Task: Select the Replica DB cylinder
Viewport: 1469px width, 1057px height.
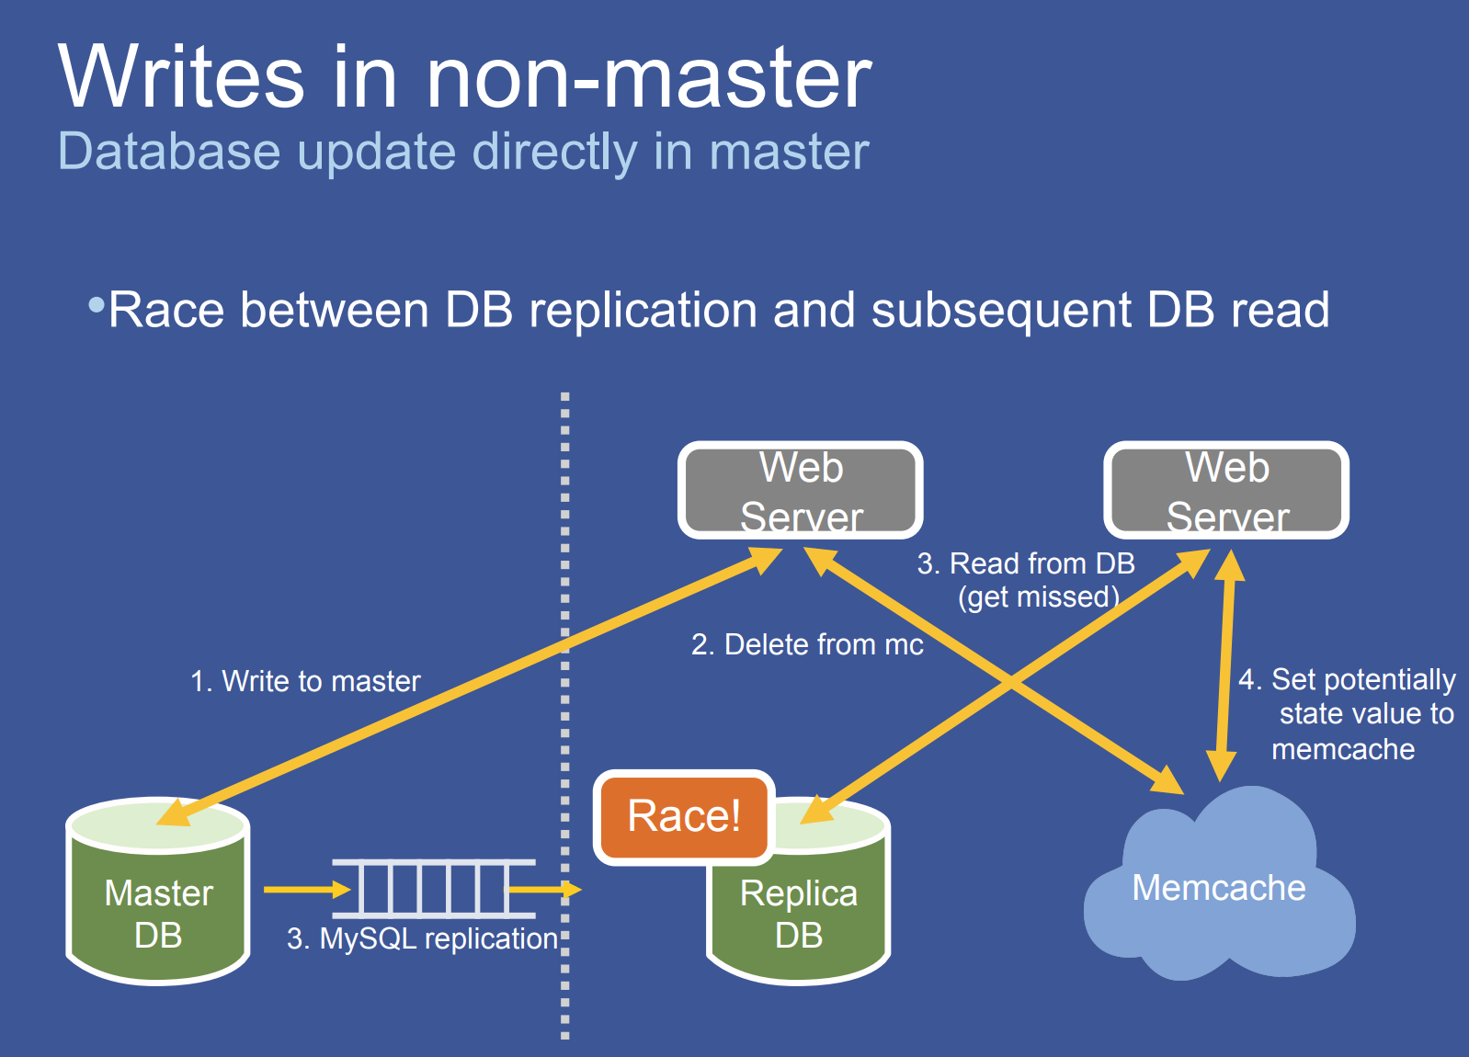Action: (x=798, y=910)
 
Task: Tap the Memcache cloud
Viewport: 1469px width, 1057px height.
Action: (x=1218, y=887)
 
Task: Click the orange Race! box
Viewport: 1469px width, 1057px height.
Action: (x=684, y=816)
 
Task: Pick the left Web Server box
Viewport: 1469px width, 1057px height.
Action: (x=801, y=491)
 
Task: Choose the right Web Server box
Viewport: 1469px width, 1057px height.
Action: (x=1226, y=491)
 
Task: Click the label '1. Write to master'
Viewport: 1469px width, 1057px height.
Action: (x=305, y=681)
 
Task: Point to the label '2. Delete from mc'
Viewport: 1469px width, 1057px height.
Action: (x=807, y=644)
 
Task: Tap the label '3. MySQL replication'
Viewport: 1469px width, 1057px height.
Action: (x=422, y=938)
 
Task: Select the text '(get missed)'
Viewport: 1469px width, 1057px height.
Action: (x=1039, y=597)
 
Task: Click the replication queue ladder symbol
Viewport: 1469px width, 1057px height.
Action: (x=433, y=889)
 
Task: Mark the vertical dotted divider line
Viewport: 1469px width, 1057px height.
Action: (x=564, y=717)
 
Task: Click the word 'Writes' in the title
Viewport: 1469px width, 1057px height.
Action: (x=181, y=77)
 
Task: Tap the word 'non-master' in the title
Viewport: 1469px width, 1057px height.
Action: (x=649, y=77)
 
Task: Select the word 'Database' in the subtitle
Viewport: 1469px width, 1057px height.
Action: (x=169, y=151)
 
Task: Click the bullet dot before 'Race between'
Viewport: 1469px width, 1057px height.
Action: (x=96, y=304)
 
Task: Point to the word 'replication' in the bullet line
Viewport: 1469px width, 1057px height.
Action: (x=643, y=310)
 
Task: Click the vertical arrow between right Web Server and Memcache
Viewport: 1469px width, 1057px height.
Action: (x=1225, y=666)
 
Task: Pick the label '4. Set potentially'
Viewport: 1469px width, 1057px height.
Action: (x=1347, y=679)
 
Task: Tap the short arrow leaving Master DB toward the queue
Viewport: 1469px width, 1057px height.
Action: (x=306, y=889)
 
